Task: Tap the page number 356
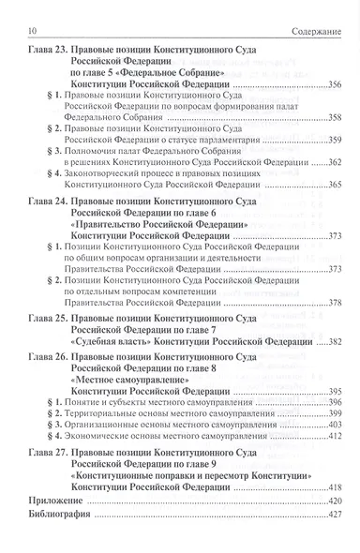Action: tap(335, 84)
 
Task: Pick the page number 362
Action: tap(335, 163)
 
